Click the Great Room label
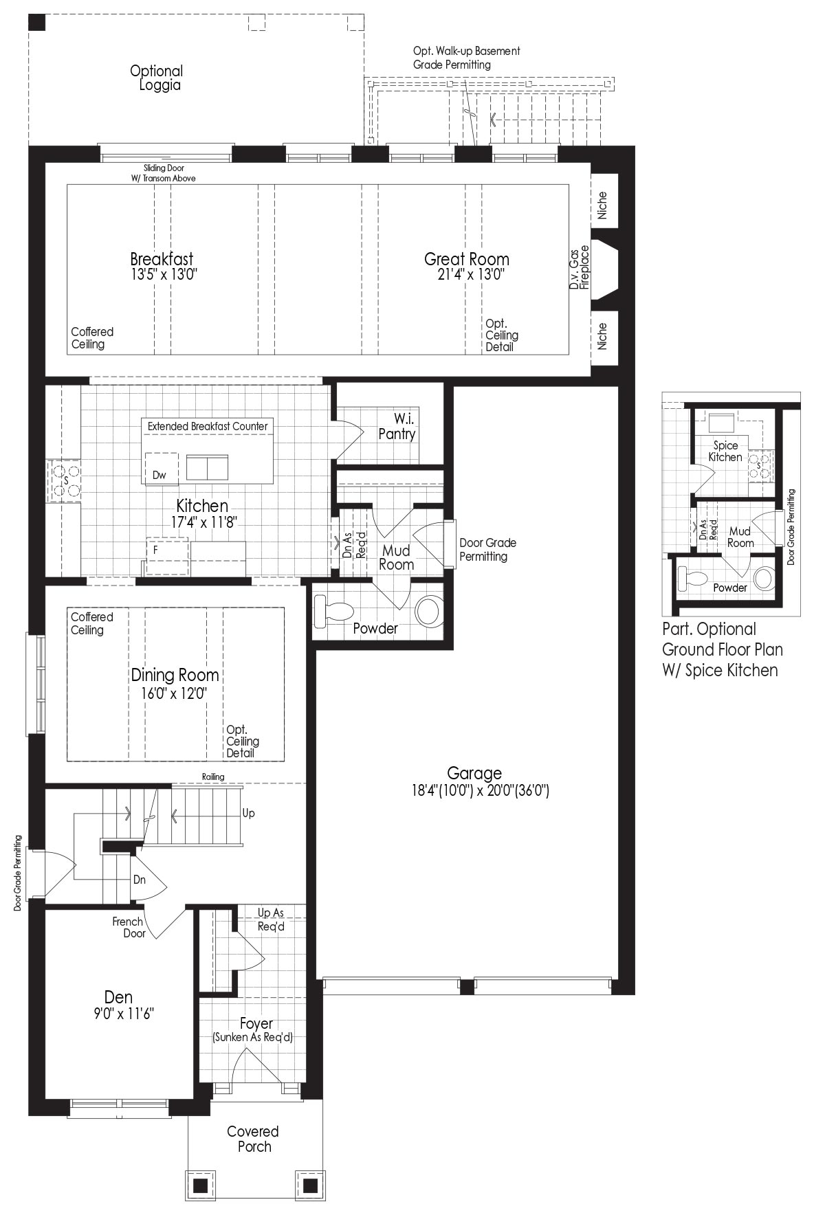coord(467,259)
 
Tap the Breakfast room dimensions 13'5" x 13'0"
coord(162,274)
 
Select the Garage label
coord(474,773)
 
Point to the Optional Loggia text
coord(157,78)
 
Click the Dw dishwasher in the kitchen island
coord(159,475)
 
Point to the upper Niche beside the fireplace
coord(604,204)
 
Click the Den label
coord(119,996)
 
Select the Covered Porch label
coord(253,1139)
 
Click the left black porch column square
coord(200,1185)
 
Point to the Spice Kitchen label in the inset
coord(725,451)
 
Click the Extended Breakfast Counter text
coord(208,426)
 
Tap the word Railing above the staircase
coord(213,777)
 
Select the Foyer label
coord(256,1024)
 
